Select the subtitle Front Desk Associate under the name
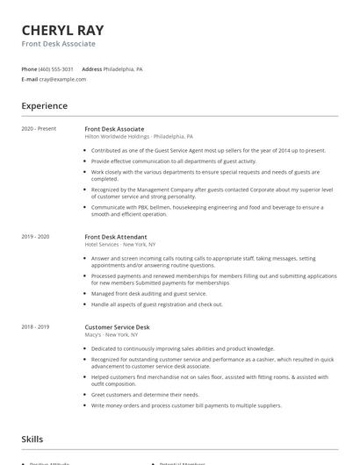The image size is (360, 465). click(x=59, y=43)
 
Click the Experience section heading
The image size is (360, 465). click(x=45, y=106)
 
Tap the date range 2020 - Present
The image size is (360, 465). click(x=39, y=129)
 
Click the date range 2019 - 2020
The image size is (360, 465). click(x=36, y=237)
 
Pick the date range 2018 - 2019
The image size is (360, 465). click(x=36, y=326)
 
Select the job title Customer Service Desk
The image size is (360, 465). click(x=118, y=326)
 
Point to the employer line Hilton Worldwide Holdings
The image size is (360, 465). click(x=139, y=137)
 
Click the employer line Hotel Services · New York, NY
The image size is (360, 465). click(x=120, y=245)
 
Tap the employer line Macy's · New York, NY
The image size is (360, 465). click(x=112, y=334)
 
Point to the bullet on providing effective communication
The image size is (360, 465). click(x=173, y=161)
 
